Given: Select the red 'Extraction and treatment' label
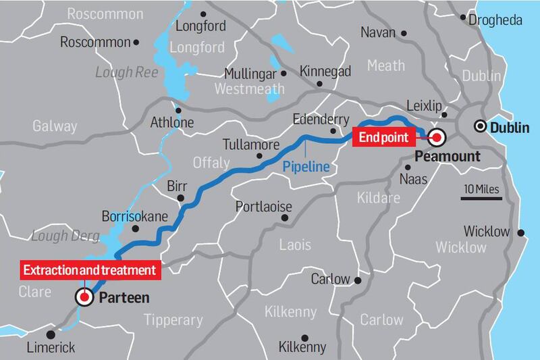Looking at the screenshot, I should click(90, 271).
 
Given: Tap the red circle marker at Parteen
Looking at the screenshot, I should click(84, 297).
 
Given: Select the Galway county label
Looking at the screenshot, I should click(55, 126).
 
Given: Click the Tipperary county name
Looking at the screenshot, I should click(173, 319).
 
